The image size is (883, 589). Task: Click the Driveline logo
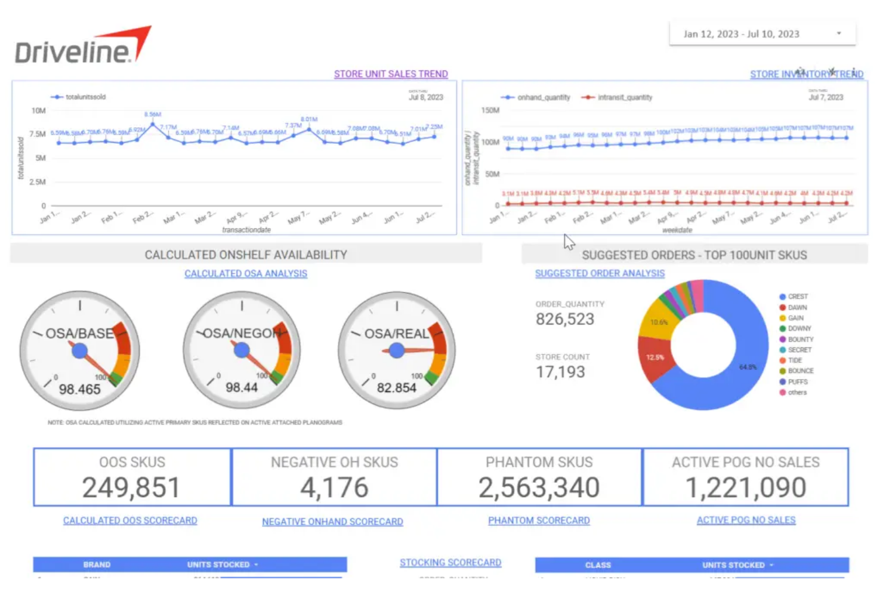point(82,46)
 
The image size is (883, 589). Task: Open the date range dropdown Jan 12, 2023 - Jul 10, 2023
point(762,34)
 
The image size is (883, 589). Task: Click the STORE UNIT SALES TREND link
point(391,74)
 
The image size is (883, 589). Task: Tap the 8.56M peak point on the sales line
point(153,124)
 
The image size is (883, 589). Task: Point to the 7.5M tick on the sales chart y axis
point(38,134)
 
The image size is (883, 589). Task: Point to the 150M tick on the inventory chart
point(490,110)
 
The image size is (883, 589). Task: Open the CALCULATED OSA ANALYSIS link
point(246,273)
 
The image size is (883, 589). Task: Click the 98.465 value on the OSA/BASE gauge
point(80,390)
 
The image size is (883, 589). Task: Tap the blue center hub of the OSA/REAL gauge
point(397,350)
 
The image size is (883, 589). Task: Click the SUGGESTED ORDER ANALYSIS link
point(600,273)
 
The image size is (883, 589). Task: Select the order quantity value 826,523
point(565,319)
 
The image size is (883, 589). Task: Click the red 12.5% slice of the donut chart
point(654,358)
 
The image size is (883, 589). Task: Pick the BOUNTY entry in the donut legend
point(800,339)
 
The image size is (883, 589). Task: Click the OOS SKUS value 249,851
point(131,488)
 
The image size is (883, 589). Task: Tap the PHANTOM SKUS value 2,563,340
point(539,488)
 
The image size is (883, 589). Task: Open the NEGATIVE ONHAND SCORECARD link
point(332,522)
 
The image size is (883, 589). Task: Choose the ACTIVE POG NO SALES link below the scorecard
point(746,520)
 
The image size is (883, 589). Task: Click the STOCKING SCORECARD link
point(450,563)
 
